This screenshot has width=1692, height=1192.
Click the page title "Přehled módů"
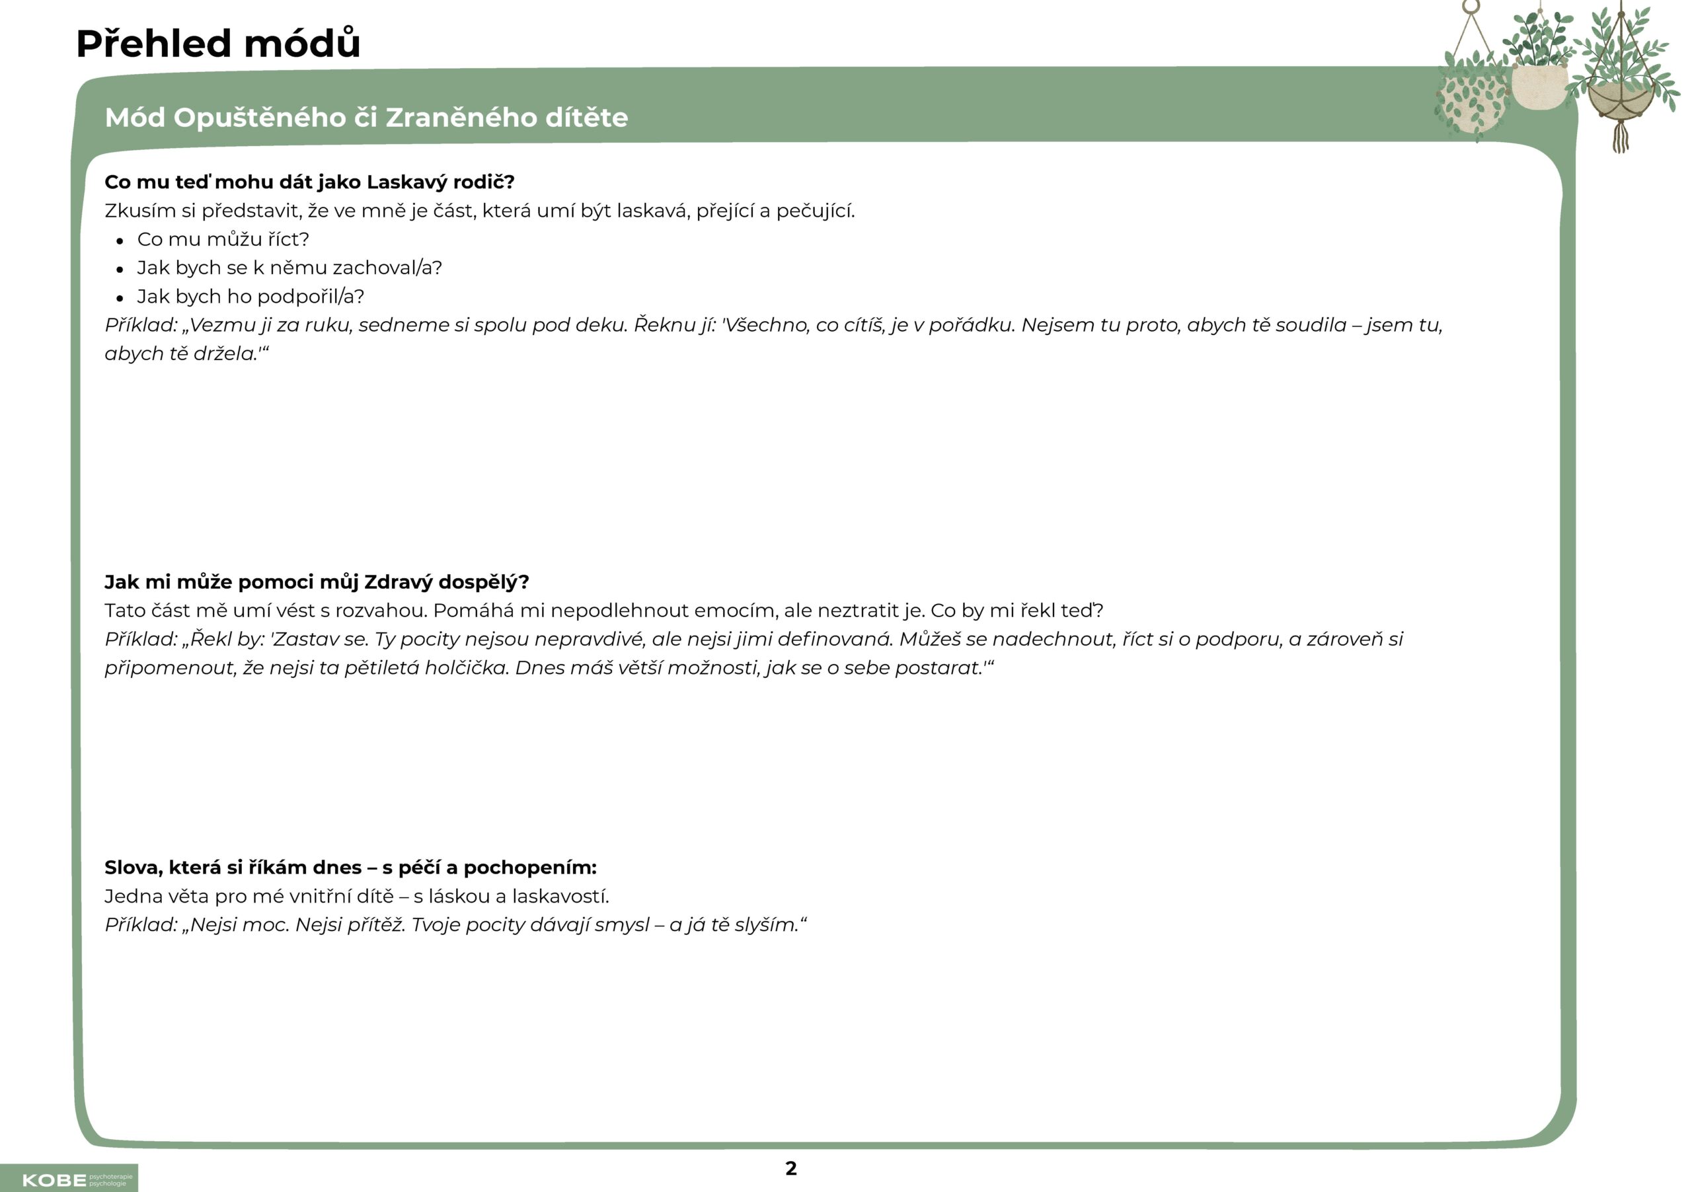point(218,44)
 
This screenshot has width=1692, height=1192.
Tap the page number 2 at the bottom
point(790,1168)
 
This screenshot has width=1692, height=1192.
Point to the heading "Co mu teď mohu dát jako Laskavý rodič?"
point(309,182)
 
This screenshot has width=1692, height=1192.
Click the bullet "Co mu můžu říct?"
point(223,239)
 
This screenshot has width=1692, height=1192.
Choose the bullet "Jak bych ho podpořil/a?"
point(250,296)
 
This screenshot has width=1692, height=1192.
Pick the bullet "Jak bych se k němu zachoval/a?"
point(289,268)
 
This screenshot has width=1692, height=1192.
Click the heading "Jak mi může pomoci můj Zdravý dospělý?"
point(317,582)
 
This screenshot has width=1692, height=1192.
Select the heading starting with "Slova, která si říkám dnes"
point(350,868)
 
